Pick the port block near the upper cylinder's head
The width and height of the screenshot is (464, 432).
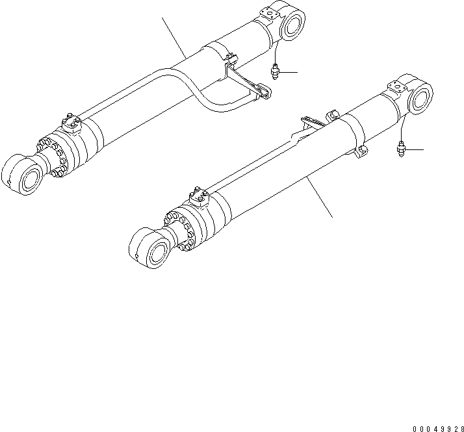70,123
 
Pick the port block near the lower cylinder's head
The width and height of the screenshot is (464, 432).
199,196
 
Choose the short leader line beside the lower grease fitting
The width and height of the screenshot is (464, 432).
413,149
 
